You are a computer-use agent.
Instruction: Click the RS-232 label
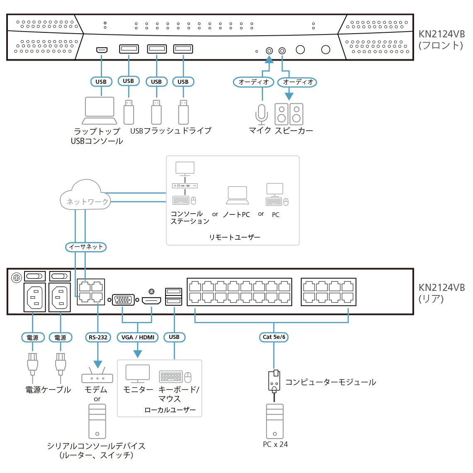click(98, 337)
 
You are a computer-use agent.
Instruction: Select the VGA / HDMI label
click(138, 337)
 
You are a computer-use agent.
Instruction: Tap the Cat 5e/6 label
click(274, 337)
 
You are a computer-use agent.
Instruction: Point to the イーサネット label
click(86, 247)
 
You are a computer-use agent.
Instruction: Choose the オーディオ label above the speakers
click(297, 82)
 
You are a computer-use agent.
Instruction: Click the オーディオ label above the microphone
click(254, 82)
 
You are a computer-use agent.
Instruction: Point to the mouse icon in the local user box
click(188, 377)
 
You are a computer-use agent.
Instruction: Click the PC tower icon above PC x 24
click(275, 421)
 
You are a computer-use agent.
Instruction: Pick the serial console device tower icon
click(97, 421)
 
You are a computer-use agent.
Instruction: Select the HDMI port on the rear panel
click(151, 300)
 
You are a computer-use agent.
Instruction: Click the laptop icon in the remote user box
click(237, 195)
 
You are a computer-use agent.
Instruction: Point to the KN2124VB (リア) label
click(441, 293)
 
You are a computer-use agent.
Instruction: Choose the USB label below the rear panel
click(174, 337)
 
